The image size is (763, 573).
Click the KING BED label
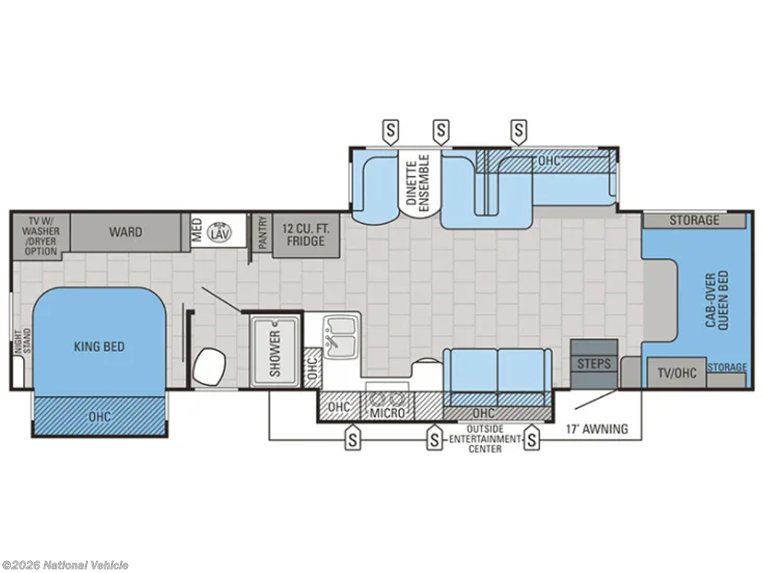pyautogui.click(x=99, y=347)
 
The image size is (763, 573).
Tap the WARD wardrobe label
pyautogui.click(x=125, y=232)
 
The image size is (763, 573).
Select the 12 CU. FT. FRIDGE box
pyautogui.click(x=305, y=235)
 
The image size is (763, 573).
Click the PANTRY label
pyautogui.click(x=263, y=234)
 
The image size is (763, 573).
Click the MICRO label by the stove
pyautogui.click(x=387, y=413)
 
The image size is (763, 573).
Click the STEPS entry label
pyautogui.click(x=594, y=364)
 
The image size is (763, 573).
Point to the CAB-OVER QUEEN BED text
pyautogui.click(x=717, y=301)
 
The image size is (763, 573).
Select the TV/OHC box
pyautogui.click(x=677, y=373)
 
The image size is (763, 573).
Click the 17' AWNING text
pyautogui.click(x=597, y=429)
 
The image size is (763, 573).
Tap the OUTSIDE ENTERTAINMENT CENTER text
pyautogui.click(x=484, y=439)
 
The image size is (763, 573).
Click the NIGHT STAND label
pyautogui.click(x=22, y=341)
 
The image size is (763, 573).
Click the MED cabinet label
pyautogui.click(x=197, y=231)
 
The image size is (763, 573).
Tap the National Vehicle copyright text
pyautogui.click(x=65, y=566)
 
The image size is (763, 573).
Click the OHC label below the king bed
pyautogui.click(x=99, y=417)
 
